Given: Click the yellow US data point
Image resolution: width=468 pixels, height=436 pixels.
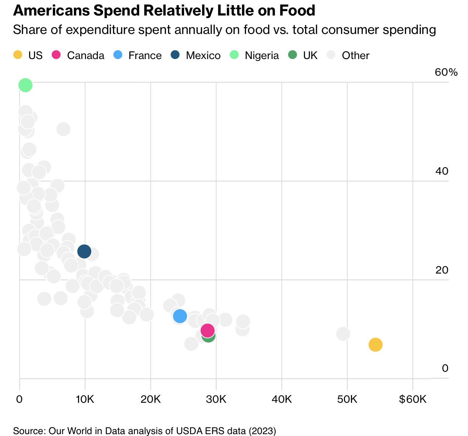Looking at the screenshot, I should tap(375, 345).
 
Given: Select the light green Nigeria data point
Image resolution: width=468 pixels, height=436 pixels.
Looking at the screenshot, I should tap(25, 85).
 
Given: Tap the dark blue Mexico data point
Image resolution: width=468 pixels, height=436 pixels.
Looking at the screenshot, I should tap(84, 251).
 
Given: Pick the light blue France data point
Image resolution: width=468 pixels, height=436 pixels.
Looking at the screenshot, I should tap(180, 316).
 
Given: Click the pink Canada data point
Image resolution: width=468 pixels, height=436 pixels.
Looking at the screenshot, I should tap(208, 330).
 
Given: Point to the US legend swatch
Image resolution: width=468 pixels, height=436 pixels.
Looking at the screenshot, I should tap(17, 55).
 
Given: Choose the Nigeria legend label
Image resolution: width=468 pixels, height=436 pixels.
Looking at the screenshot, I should tap(262, 56).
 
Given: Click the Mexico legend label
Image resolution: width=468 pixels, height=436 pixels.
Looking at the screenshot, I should tap(203, 56).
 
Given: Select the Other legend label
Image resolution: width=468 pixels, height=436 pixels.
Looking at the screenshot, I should tap(355, 56).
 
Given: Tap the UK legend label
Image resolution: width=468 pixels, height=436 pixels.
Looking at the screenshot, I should tap(310, 56).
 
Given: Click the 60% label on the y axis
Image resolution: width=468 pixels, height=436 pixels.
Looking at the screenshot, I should tap(446, 72).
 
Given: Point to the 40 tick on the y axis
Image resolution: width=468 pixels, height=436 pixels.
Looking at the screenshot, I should tap(442, 171).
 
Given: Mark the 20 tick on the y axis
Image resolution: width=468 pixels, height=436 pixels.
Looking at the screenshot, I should tap(442, 270).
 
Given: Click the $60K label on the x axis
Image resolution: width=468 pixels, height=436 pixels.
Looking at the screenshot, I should tap(413, 399).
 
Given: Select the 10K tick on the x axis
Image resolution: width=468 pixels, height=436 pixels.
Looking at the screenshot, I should tap(85, 399).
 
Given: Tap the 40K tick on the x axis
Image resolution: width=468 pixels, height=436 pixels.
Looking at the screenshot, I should tap(282, 399).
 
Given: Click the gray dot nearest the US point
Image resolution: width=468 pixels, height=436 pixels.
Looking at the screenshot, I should tap(343, 334).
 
